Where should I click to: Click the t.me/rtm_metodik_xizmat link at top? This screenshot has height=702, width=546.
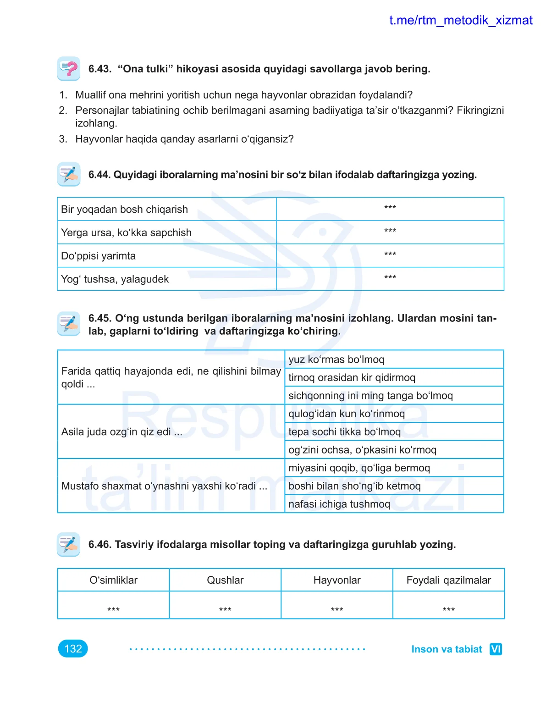point(460,20)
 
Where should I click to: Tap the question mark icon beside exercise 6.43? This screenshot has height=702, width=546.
point(69,69)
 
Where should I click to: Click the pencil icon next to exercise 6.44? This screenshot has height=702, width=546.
point(69,174)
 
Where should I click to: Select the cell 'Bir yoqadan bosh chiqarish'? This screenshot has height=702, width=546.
point(124,210)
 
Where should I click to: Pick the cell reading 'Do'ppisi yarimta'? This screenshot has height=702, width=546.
point(98,256)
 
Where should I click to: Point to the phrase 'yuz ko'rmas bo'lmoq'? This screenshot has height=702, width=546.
point(336,359)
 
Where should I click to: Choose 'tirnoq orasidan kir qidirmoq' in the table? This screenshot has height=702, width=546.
point(352,377)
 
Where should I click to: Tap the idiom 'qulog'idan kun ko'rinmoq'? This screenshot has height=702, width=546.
point(347,414)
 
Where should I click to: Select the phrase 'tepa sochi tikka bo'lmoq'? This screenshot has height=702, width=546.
point(344,432)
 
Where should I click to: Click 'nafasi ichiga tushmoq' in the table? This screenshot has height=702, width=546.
point(339,504)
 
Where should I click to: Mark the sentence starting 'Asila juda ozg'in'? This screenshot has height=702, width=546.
point(121,432)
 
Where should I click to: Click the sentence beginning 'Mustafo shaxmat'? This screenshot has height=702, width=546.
point(164,486)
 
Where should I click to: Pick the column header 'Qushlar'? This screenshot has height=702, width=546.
point(225,580)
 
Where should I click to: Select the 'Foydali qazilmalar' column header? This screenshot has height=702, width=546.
point(448,580)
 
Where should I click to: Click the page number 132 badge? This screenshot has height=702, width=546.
point(73,649)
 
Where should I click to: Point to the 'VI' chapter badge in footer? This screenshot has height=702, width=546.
point(496,649)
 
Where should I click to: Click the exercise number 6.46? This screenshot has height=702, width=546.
point(99,545)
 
